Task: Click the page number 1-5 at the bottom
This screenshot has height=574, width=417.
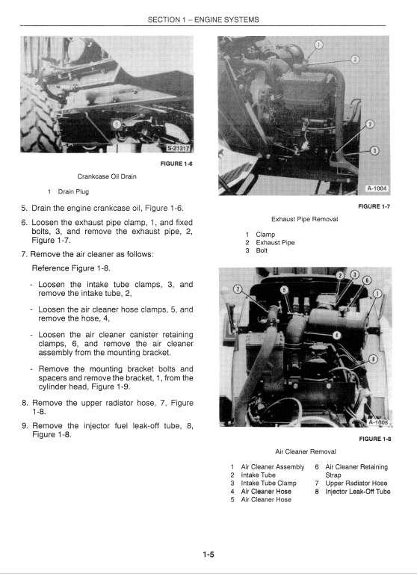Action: (x=208, y=554)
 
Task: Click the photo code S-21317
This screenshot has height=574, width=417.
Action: (x=179, y=148)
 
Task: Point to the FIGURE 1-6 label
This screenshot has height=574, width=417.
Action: (x=176, y=164)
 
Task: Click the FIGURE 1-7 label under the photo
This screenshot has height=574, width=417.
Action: (x=374, y=205)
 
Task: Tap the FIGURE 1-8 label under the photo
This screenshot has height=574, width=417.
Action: (x=374, y=439)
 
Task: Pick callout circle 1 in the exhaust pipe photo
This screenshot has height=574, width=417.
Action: (x=318, y=45)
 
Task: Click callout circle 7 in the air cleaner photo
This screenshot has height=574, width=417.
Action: (x=238, y=288)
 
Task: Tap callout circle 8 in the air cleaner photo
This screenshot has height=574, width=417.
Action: (x=373, y=360)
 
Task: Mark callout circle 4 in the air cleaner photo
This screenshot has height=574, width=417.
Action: (x=337, y=335)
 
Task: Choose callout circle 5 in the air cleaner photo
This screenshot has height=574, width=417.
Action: (x=283, y=289)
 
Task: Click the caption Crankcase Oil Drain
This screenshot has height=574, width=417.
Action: (x=107, y=176)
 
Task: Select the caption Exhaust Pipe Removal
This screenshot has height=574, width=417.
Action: (x=305, y=219)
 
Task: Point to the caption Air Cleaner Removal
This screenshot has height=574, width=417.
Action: (x=305, y=451)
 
